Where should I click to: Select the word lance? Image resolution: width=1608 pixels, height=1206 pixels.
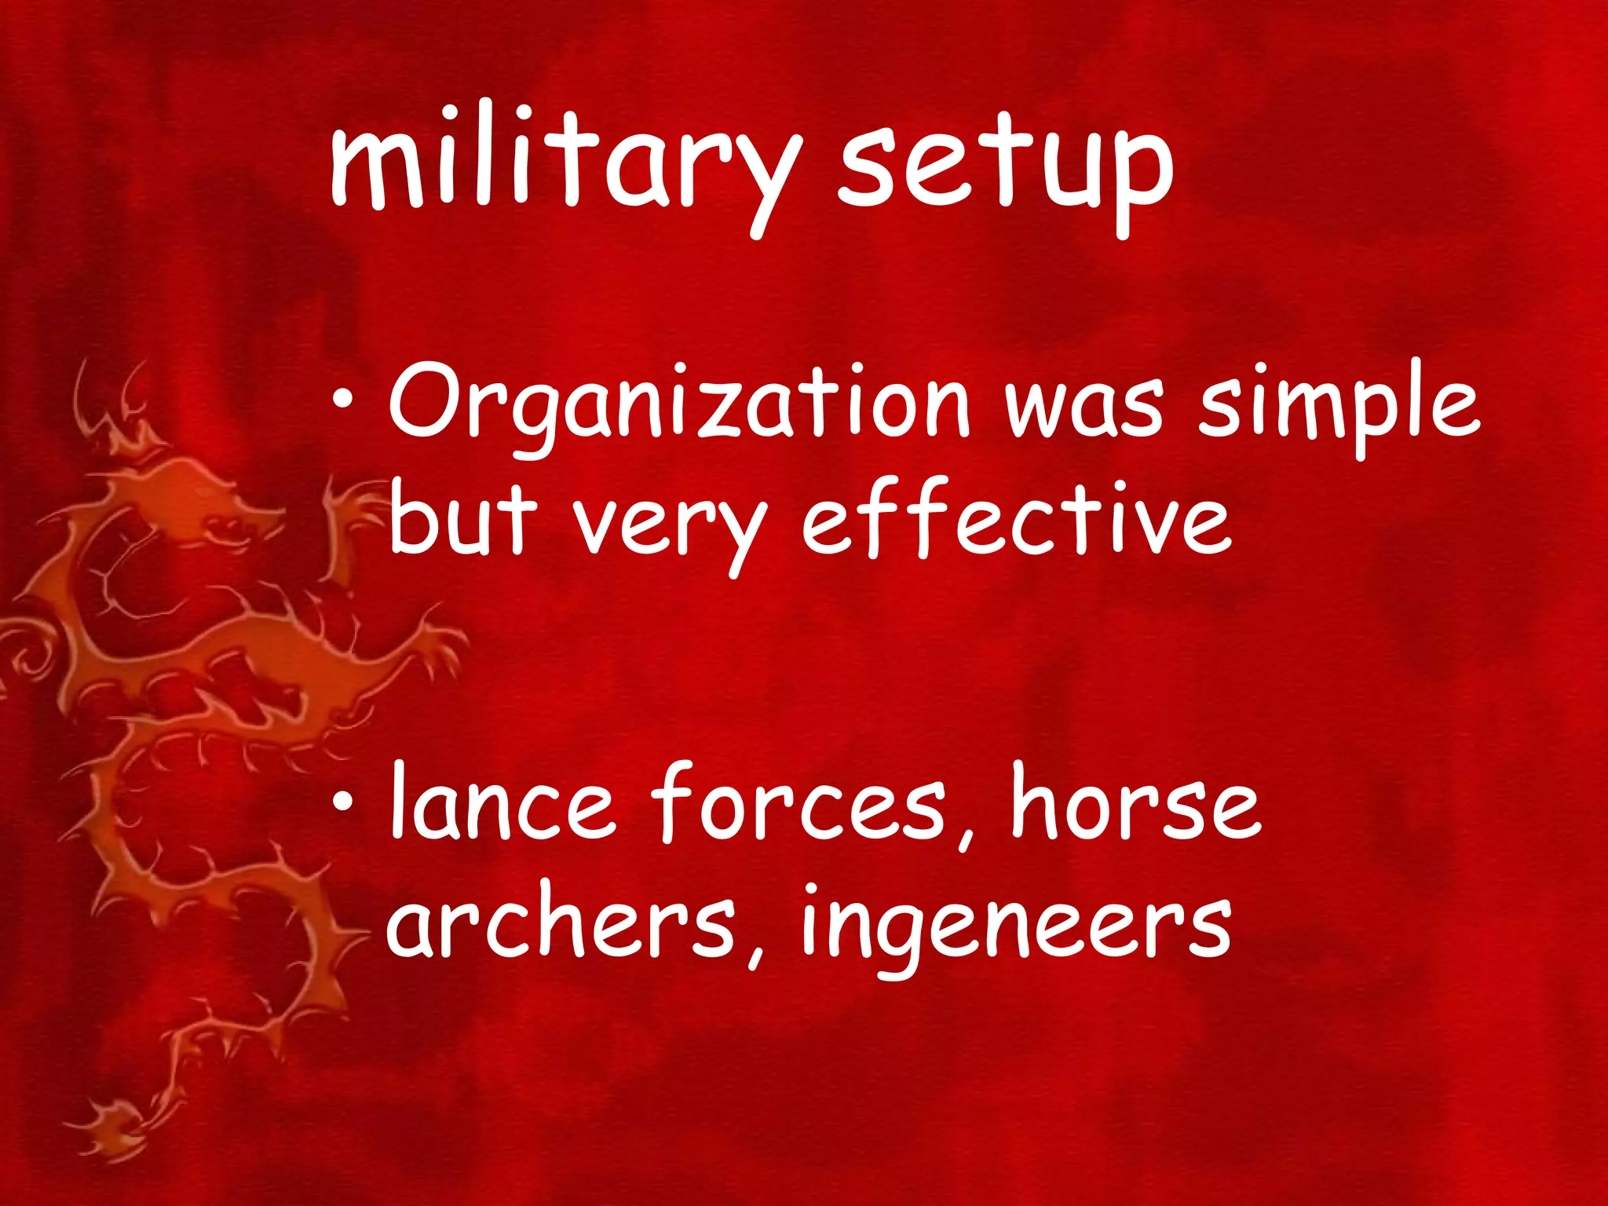[x=502, y=805]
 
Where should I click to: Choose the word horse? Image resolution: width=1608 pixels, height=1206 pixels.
[x=1135, y=805]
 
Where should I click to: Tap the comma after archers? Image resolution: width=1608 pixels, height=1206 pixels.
[x=755, y=954]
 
